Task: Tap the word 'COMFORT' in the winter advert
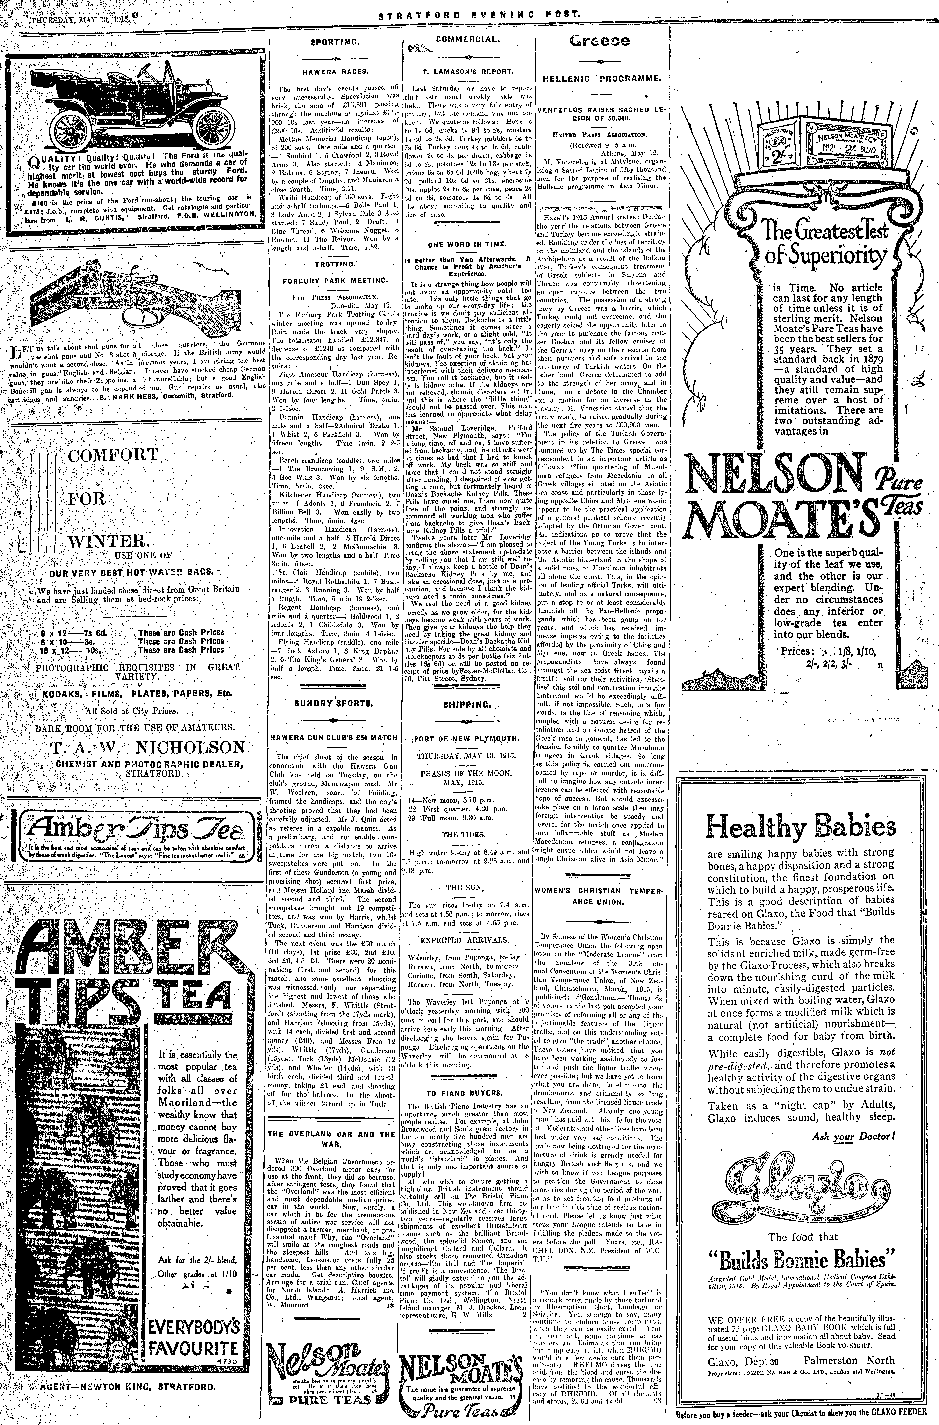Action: (x=113, y=454)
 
